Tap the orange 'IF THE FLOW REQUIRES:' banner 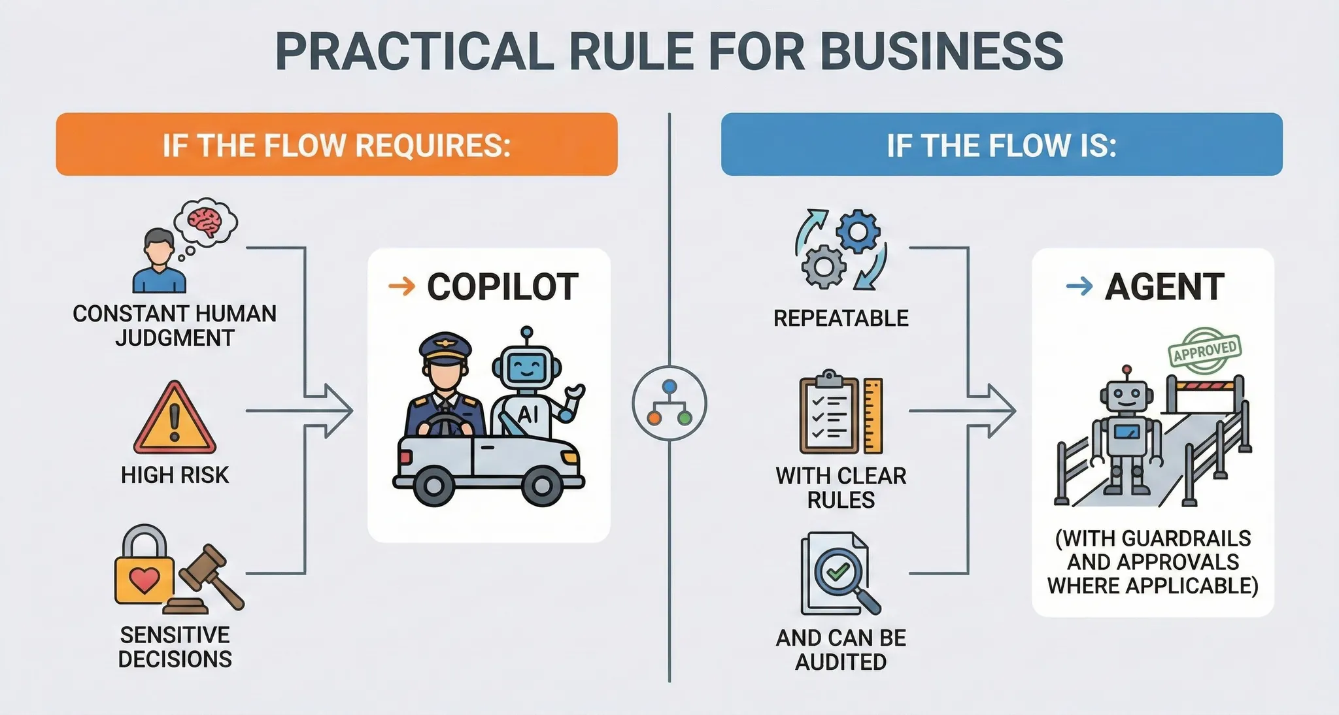coord(336,144)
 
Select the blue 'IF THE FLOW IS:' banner coord(1001,144)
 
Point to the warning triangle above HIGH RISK coord(175,418)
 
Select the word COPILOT coord(502,287)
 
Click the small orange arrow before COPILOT coord(401,286)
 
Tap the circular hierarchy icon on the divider coord(669,403)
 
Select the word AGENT coord(1164,287)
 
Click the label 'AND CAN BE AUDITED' coord(841,650)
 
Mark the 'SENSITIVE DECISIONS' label coord(175,647)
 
